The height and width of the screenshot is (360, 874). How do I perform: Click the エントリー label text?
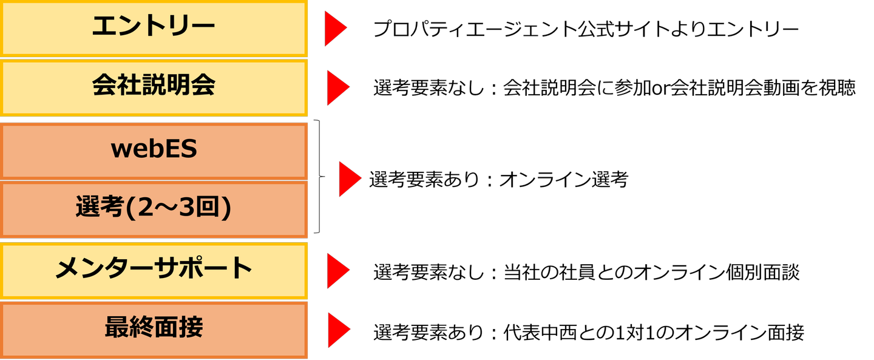point(154,27)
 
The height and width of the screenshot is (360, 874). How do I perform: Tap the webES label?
point(154,149)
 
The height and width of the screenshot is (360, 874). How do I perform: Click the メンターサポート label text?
point(154,268)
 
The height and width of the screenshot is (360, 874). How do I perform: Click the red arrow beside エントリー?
point(334,29)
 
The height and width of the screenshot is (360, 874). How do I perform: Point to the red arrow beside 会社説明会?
point(337,88)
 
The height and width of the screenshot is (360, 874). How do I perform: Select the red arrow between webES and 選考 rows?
point(349,179)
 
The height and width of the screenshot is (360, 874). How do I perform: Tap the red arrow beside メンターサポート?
point(337,271)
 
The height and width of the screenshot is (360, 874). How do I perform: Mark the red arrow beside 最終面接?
point(338,330)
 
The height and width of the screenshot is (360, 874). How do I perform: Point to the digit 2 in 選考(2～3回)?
point(146,208)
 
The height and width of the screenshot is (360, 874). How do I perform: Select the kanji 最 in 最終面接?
point(116,328)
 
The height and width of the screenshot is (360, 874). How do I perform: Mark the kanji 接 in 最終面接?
point(191,328)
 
